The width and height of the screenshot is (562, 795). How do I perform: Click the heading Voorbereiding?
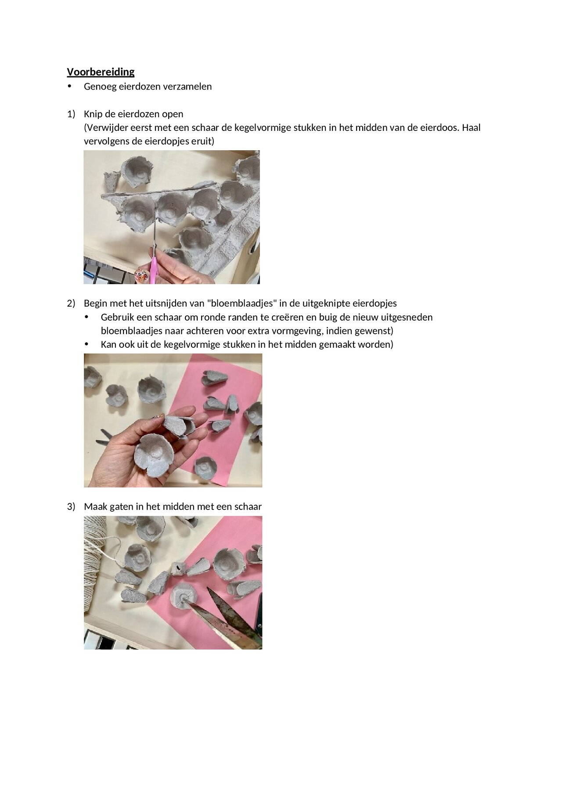[101, 72]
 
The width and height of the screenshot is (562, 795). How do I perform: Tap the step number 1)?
[71, 114]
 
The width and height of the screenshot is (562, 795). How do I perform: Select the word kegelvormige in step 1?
[261, 128]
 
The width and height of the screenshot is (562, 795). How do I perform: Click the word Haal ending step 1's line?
[471, 128]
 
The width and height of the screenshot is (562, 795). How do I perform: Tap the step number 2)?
[71, 304]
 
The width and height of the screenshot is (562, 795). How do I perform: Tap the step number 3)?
[71, 507]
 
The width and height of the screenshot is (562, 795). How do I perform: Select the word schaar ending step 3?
[248, 507]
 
